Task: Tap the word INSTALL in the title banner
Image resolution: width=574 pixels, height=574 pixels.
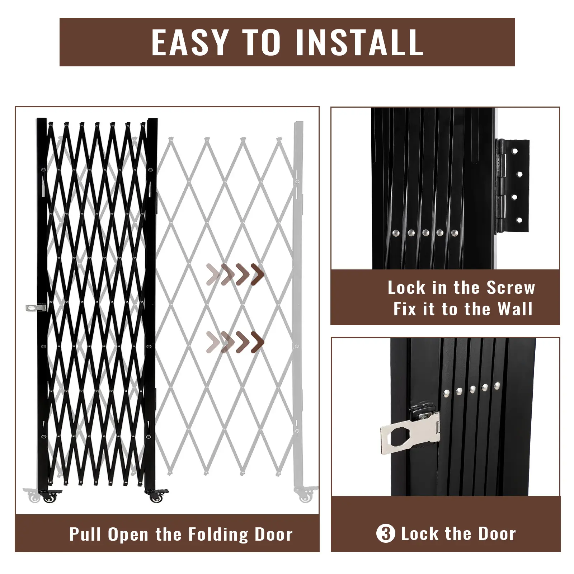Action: (x=359, y=42)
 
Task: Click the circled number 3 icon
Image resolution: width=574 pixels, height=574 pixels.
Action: (x=386, y=533)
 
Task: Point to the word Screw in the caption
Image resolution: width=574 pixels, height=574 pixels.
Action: (x=511, y=288)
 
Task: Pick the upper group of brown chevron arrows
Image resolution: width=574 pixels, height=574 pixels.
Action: (x=235, y=274)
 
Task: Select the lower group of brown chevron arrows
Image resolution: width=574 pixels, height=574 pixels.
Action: (x=235, y=342)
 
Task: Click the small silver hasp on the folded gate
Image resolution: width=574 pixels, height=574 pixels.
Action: (x=36, y=307)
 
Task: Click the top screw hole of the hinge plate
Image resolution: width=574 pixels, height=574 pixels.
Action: (x=515, y=151)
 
